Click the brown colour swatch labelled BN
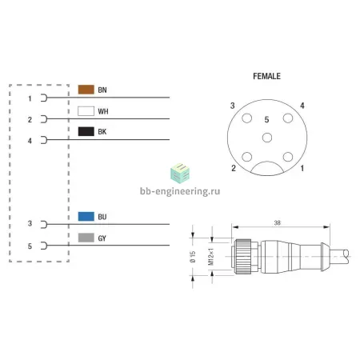pos(86,90)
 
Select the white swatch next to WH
pos(86,111)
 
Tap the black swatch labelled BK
pos(86,131)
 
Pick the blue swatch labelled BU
pos(86,216)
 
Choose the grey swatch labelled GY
pos(86,238)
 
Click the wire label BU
pos(102,217)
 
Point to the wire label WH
pos(103,111)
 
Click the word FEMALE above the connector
pos(266,76)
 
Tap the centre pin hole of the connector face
pos(267,138)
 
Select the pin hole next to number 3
pos(247,118)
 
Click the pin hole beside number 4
pos(288,118)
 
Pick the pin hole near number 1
pos(288,157)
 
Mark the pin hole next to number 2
pos(247,157)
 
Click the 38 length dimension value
pos(278,223)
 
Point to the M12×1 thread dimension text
pos(210,257)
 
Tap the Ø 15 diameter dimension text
pos(193,257)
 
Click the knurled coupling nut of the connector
pos(242,257)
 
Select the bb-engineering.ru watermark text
pos(180,191)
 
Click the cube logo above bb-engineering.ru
pos(180,174)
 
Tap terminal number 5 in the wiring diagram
pos(30,246)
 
